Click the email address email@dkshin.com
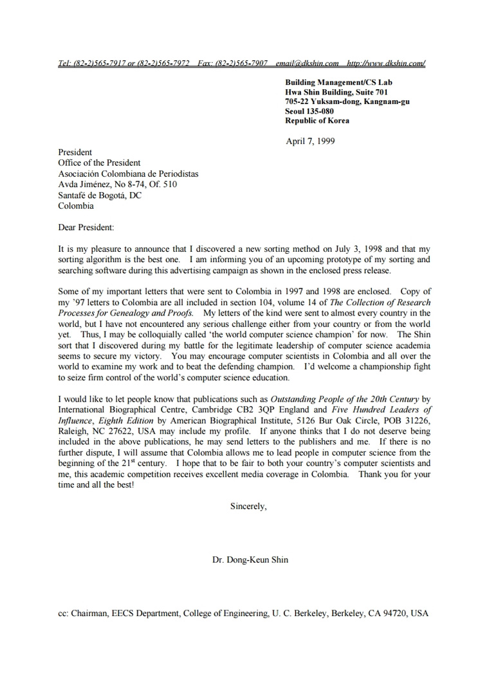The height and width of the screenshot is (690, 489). [307, 63]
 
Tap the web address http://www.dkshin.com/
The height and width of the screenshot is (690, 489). [385, 63]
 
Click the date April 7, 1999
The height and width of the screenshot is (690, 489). [310, 141]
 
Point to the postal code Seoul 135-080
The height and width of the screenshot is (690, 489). [309, 111]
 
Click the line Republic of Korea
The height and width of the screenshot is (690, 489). [317, 121]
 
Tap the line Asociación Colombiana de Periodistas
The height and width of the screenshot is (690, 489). [128, 173]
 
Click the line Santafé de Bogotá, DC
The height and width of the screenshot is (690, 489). [100, 195]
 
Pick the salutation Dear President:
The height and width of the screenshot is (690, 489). [86, 227]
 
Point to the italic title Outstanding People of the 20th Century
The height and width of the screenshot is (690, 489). [345, 399]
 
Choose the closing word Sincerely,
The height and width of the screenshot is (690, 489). [248, 506]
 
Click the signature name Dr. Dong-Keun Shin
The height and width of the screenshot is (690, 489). [250, 560]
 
